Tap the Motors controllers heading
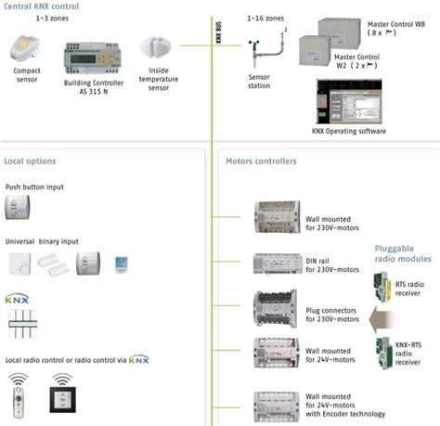point(261,161)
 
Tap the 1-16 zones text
point(265,19)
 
